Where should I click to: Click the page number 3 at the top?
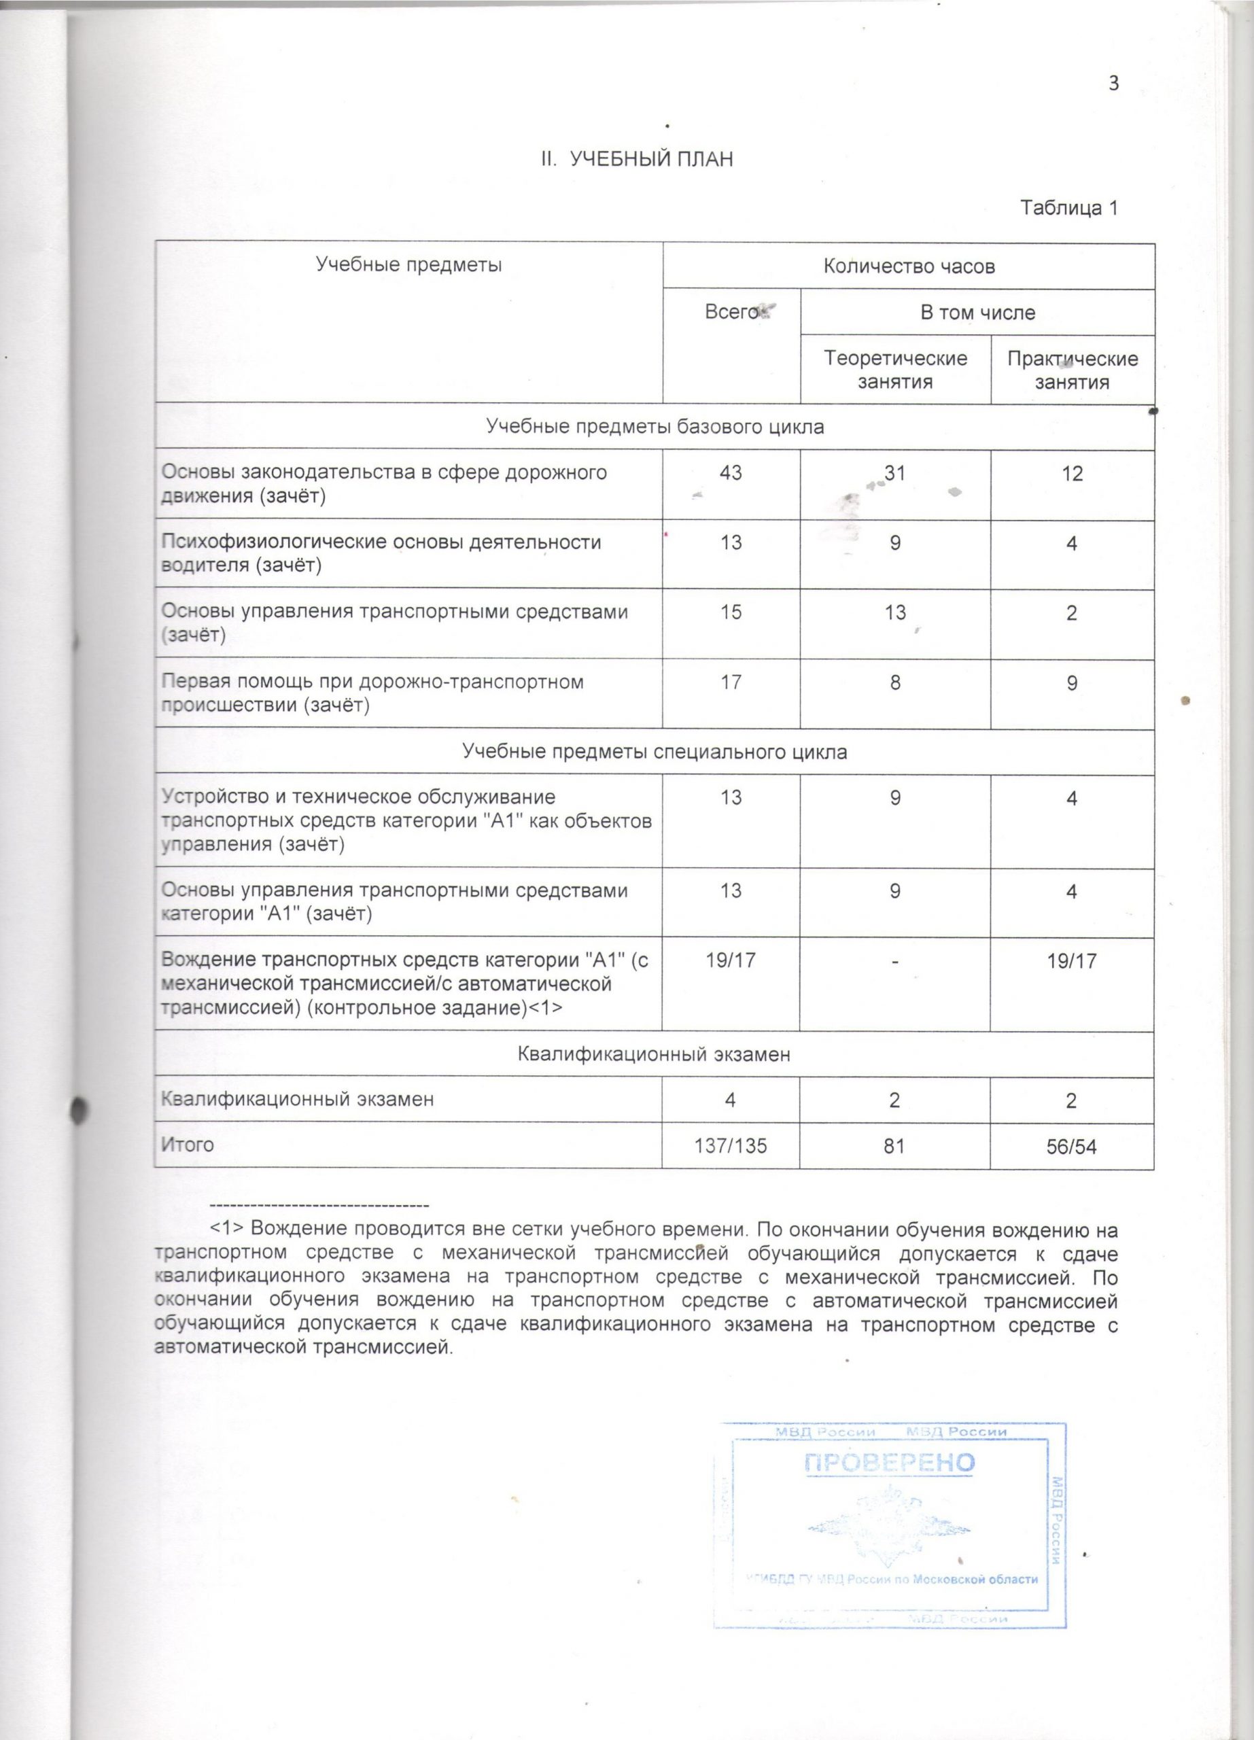coord(1113,83)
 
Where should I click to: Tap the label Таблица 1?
coord(1068,208)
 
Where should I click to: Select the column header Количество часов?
coord(909,266)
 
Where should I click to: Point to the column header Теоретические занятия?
coord(895,370)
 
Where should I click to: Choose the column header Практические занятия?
coord(1073,370)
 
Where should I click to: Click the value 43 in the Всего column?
coord(731,472)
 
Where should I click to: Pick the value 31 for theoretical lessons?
coord(895,472)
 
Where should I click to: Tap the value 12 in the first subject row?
coord(1073,473)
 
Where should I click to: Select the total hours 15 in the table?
coord(731,612)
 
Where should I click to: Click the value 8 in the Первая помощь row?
coord(895,682)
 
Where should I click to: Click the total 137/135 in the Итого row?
coord(731,1146)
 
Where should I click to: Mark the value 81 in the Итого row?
coord(895,1146)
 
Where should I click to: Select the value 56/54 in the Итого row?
coord(1073,1146)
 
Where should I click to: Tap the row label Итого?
coord(187,1145)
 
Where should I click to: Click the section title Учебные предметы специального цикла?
coord(655,752)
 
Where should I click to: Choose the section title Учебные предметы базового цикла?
coord(655,427)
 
